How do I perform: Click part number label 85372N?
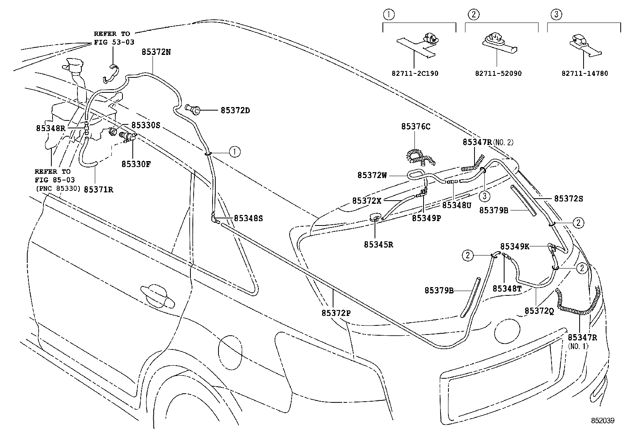[156, 52]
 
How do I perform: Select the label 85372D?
[235, 111]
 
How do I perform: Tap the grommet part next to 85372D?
[192, 109]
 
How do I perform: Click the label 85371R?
[99, 190]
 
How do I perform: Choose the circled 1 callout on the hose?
[234, 151]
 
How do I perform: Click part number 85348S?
[248, 218]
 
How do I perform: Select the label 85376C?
[415, 126]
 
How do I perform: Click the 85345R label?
[379, 244]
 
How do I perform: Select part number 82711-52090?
[498, 73]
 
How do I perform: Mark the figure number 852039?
[603, 421]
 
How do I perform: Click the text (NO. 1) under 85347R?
[578, 346]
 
